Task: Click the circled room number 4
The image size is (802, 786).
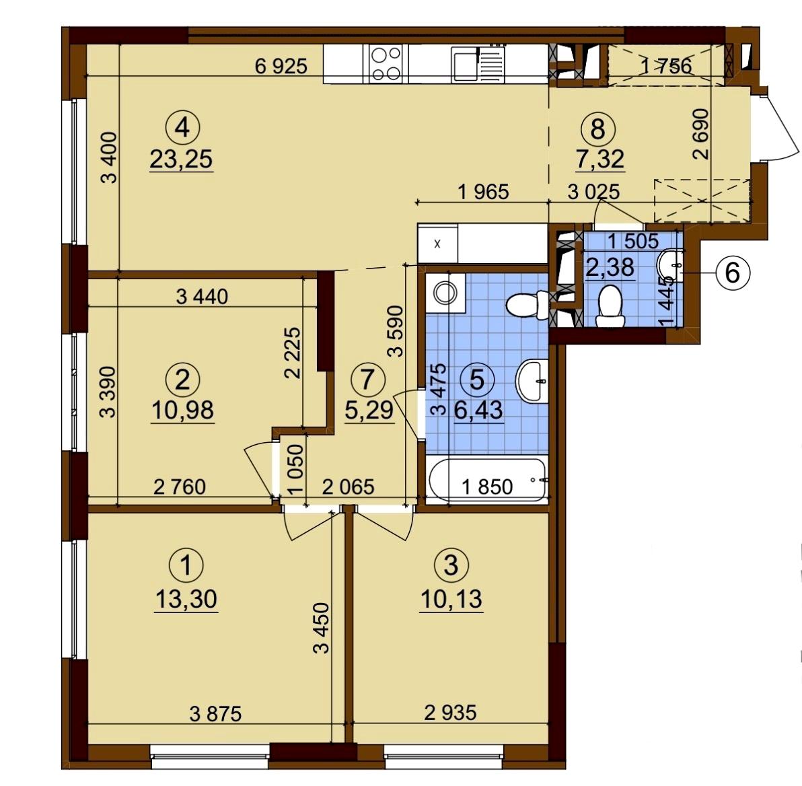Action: coord(182,127)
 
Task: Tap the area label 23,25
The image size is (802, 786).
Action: coord(181,159)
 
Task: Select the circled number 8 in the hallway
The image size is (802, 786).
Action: coord(598,129)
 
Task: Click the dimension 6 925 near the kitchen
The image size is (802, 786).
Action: coord(281,66)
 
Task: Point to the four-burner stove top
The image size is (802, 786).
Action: coord(386,63)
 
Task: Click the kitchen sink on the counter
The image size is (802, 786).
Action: coord(478,63)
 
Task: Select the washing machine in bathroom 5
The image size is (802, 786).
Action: coord(445,292)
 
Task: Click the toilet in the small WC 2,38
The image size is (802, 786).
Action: coord(610,306)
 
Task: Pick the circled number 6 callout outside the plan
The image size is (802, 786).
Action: coord(732,273)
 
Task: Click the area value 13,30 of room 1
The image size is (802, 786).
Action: coord(186,599)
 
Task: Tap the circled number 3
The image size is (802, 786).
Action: coord(451,565)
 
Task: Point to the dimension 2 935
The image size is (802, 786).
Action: coord(450,712)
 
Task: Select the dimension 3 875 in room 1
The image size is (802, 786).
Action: coord(215,713)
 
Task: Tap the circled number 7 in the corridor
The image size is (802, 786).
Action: coord(367,379)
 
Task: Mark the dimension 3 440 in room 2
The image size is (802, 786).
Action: coord(202,296)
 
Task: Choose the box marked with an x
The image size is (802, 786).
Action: coord(437,244)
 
